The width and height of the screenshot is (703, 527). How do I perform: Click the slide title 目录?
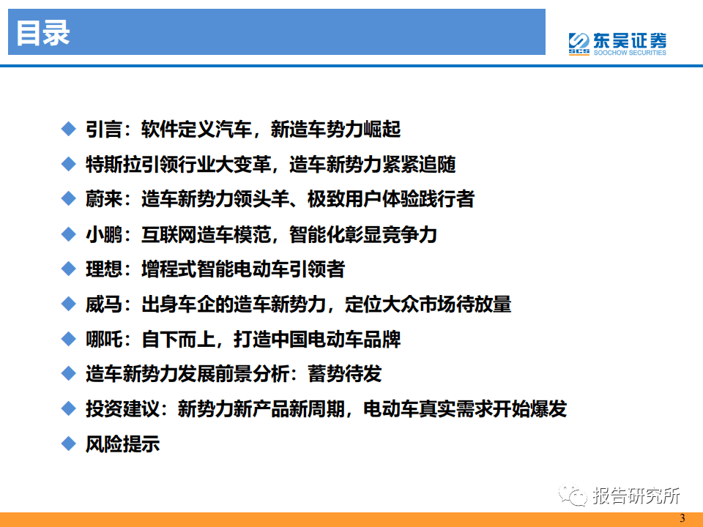coord(43,33)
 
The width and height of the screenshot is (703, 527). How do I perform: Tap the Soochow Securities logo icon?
coord(579,43)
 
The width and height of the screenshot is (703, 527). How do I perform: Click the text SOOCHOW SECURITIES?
coord(630,53)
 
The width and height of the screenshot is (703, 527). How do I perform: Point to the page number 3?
coord(682,518)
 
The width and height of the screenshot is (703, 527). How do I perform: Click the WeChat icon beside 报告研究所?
coord(573,496)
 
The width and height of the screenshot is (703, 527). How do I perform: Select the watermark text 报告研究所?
coord(636,496)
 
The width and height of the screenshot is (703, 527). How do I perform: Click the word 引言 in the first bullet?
coord(104,130)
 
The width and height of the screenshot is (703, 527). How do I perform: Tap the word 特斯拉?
coord(114,165)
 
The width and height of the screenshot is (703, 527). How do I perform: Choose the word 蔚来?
coord(104,199)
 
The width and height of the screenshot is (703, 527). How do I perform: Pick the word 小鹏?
coord(104,234)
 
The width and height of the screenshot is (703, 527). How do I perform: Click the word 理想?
coord(104,269)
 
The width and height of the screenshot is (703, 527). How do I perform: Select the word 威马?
coord(104,304)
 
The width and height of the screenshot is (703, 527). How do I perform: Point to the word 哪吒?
coord(104,339)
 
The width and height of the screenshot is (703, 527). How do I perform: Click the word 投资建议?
coord(123,408)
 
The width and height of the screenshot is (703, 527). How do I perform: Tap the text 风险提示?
coord(123,444)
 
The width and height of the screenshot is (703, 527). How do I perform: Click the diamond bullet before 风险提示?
coord(69,444)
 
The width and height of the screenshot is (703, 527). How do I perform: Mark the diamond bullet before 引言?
coord(69,129)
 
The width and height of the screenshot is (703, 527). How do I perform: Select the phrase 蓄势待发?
coord(344,374)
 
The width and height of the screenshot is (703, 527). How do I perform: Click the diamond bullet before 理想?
coord(69,269)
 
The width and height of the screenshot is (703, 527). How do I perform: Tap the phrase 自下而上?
coord(178,339)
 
